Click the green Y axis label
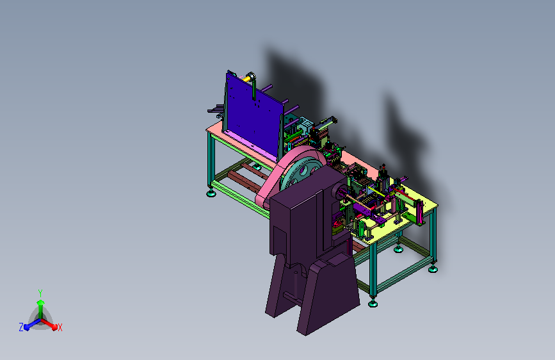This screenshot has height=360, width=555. [40, 293]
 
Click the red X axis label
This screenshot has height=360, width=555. [60, 327]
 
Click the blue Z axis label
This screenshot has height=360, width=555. [21, 327]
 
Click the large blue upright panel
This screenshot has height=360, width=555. [252, 113]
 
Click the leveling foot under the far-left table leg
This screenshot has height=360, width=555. [211, 193]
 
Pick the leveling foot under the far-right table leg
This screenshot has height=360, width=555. [433, 269]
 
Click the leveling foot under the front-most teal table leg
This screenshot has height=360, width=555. [373, 303]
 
